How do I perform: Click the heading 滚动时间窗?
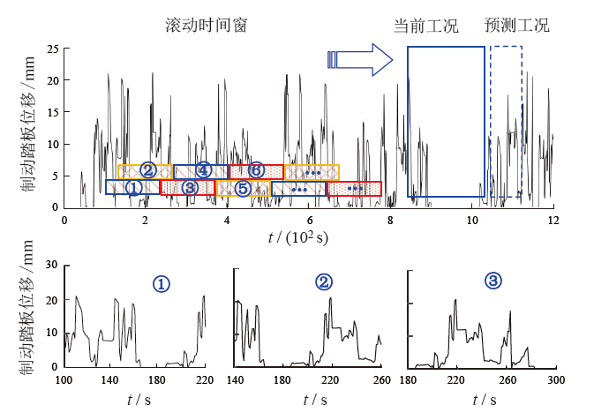click(x=206, y=26)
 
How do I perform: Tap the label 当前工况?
click(x=426, y=26)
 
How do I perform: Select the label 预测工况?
click(x=517, y=26)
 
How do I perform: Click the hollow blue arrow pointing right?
click(x=360, y=59)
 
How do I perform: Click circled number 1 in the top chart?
click(x=132, y=188)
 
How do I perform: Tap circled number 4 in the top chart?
click(x=203, y=169)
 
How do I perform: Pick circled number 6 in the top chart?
click(x=256, y=169)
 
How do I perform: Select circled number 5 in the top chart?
click(x=243, y=188)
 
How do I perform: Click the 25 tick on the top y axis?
click(x=52, y=49)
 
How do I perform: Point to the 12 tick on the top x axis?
click(x=553, y=219)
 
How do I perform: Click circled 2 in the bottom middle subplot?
click(x=324, y=282)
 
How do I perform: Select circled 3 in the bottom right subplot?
click(x=492, y=281)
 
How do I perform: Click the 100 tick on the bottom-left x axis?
click(x=64, y=379)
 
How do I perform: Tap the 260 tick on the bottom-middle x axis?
click(x=380, y=379)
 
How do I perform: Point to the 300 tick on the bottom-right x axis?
click(x=555, y=379)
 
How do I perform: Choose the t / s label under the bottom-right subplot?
click(x=484, y=401)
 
